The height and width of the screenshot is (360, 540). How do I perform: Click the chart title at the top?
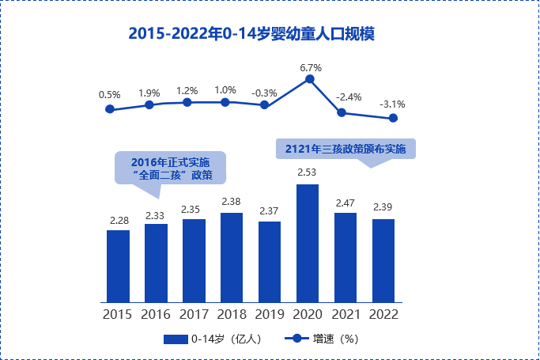[251, 34]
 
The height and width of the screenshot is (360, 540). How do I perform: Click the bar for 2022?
[383, 260]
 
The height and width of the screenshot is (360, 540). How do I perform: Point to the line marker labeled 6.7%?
[310, 79]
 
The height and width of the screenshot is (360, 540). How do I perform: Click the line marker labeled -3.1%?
[393, 119]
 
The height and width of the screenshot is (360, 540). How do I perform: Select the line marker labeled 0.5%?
[109, 109]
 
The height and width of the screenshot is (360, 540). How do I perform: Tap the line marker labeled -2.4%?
[342, 112]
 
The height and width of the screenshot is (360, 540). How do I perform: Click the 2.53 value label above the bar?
[307, 172]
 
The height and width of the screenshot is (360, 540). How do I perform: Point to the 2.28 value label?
[118, 219]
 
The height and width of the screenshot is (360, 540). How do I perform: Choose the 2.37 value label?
[270, 210]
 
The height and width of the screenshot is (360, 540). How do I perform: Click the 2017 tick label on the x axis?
[194, 314]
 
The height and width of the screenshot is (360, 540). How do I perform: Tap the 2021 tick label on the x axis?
[346, 314]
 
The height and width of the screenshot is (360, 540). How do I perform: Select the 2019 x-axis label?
[270, 314]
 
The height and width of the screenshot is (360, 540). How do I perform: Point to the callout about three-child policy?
[345, 149]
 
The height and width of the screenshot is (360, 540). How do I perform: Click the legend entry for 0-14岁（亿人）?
[212, 339]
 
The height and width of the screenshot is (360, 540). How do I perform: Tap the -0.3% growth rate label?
[264, 93]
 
